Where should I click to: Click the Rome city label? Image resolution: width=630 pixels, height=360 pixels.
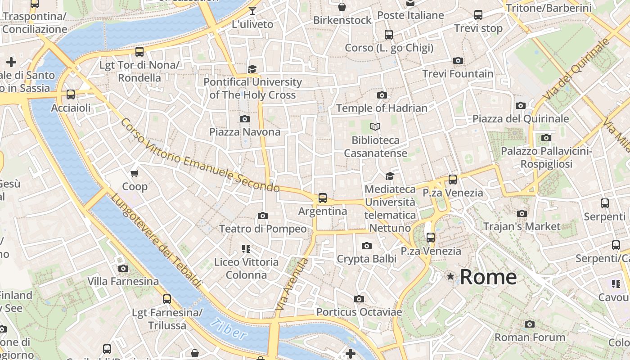pos(488,277)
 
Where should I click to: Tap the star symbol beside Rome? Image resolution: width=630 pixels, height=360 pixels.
pos(450,276)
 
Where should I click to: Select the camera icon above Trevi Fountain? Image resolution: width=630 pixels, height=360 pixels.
pos(458,61)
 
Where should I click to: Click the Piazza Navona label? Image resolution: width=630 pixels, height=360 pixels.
pos(245,132)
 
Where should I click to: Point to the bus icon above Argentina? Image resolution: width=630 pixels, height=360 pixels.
pos(322,198)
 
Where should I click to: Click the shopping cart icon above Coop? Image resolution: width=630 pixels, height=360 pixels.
pos(134,174)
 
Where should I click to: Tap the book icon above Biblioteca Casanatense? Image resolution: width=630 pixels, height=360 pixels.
pos(375,127)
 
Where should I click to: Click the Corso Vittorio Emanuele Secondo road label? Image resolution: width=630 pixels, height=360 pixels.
pos(200,156)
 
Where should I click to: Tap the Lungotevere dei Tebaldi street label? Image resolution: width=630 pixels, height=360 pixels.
pos(156,241)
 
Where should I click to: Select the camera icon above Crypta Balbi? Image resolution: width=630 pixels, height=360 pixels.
pos(367,246)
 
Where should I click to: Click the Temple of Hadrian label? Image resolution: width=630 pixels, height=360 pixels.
pos(382,108)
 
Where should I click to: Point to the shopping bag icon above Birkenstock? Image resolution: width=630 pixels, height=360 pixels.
pos(342,7)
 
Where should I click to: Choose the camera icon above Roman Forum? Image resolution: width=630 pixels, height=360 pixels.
pos(530,324)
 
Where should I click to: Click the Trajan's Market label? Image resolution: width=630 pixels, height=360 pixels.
pos(522,226)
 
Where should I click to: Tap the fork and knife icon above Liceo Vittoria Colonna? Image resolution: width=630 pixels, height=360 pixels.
pos(246,249)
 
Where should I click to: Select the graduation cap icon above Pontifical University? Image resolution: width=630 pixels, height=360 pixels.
pos(252,69)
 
